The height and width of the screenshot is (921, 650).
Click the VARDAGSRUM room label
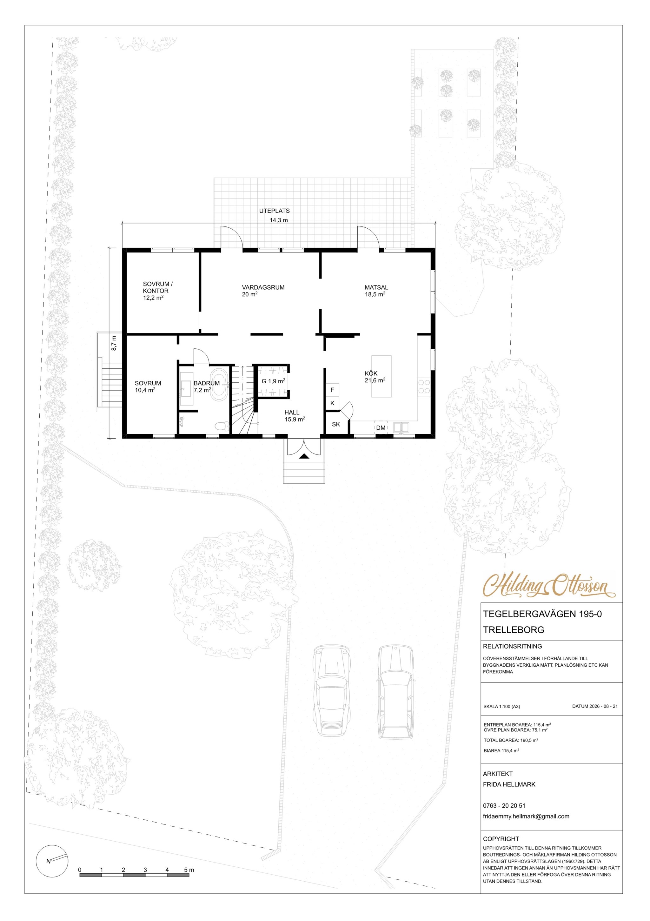tap(263, 287)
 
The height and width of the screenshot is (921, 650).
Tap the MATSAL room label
tap(376, 287)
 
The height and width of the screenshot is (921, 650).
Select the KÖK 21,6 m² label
tap(375, 377)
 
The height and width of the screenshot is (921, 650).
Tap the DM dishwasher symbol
tap(381, 427)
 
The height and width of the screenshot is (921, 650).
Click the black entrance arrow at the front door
tap(304, 456)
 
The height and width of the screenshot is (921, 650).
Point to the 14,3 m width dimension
tap(279, 220)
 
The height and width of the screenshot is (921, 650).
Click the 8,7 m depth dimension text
tap(114, 343)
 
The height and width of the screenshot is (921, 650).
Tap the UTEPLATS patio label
tap(274, 211)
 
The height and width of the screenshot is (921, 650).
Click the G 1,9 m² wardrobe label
tap(274, 381)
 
